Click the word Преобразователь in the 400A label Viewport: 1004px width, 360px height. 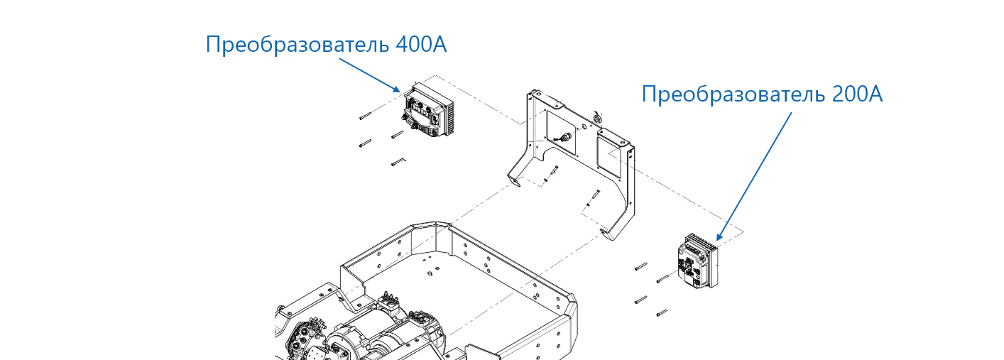tap(298, 45)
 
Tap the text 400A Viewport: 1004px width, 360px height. tap(421, 45)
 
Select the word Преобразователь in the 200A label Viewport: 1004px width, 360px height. tap(733, 94)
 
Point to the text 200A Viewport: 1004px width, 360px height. tap(858, 94)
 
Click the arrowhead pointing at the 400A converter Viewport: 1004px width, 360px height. tap(395, 89)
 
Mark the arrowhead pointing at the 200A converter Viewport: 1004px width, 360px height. tap(719, 236)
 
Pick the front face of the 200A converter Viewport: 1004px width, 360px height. tap(694, 266)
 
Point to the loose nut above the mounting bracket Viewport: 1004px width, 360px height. tap(596, 117)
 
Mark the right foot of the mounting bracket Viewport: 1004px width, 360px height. tap(609, 234)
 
